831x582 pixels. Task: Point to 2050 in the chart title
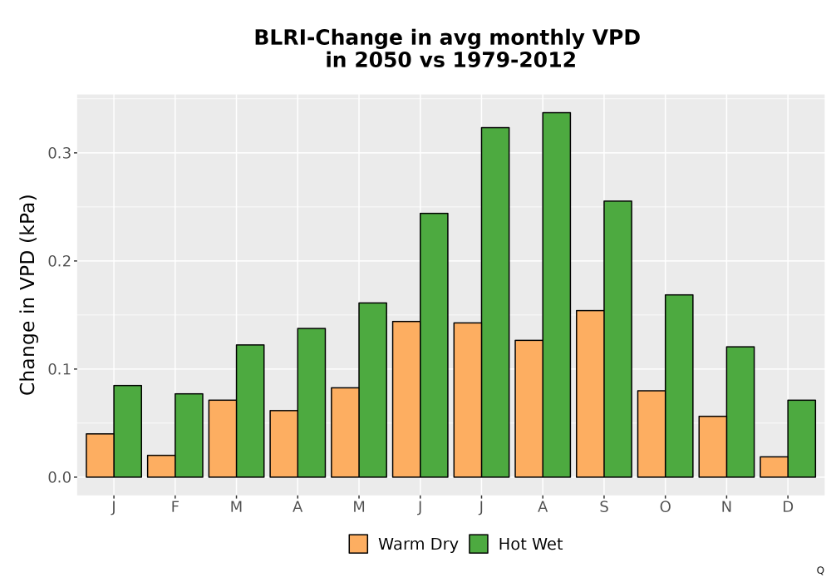(x=382, y=60)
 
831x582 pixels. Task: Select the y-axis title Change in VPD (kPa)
(x=27, y=294)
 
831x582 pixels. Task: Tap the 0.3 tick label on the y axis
(x=59, y=153)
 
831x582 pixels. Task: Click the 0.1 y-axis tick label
(x=59, y=369)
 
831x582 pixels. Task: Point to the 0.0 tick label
(x=59, y=477)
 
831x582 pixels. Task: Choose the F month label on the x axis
(x=175, y=507)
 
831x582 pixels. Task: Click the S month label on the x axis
(x=603, y=507)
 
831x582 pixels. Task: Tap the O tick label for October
(x=665, y=507)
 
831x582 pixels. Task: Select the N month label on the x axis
(x=726, y=507)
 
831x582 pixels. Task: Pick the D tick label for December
(x=788, y=507)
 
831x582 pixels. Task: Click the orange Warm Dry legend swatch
(x=358, y=544)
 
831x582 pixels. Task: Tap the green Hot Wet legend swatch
(x=479, y=544)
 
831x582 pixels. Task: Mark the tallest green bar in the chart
(x=557, y=294)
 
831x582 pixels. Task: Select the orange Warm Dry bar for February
(x=161, y=466)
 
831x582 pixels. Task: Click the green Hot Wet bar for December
(x=801, y=438)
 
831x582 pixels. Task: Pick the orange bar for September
(x=590, y=394)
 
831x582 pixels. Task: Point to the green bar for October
(x=679, y=386)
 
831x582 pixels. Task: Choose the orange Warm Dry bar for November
(x=713, y=446)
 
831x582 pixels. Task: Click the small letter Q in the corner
(x=820, y=570)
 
